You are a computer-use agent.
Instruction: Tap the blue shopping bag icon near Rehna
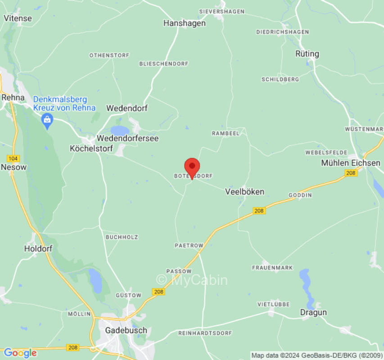point(47,120)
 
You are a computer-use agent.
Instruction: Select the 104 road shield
point(13,158)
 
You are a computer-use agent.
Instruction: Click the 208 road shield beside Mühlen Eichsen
point(351,173)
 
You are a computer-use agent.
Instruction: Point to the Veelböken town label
point(244,192)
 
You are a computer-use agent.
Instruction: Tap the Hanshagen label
point(185,23)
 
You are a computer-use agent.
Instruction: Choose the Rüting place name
point(307,54)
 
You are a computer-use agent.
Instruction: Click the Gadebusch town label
point(126,330)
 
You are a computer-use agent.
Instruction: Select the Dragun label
point(313,312)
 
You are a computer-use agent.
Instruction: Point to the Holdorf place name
point(38,248)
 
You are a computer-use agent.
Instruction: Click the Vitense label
point(18,18)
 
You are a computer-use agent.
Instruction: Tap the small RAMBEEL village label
point(225,133)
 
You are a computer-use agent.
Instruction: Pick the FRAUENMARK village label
point(272,268)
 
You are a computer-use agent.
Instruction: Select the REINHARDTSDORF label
point(205,333)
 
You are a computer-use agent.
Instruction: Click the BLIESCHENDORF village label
point(164,64)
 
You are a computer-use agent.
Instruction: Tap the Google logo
point(20,353)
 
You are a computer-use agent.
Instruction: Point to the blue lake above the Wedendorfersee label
point(120,130)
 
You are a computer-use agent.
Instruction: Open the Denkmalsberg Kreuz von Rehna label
point(64,103)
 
